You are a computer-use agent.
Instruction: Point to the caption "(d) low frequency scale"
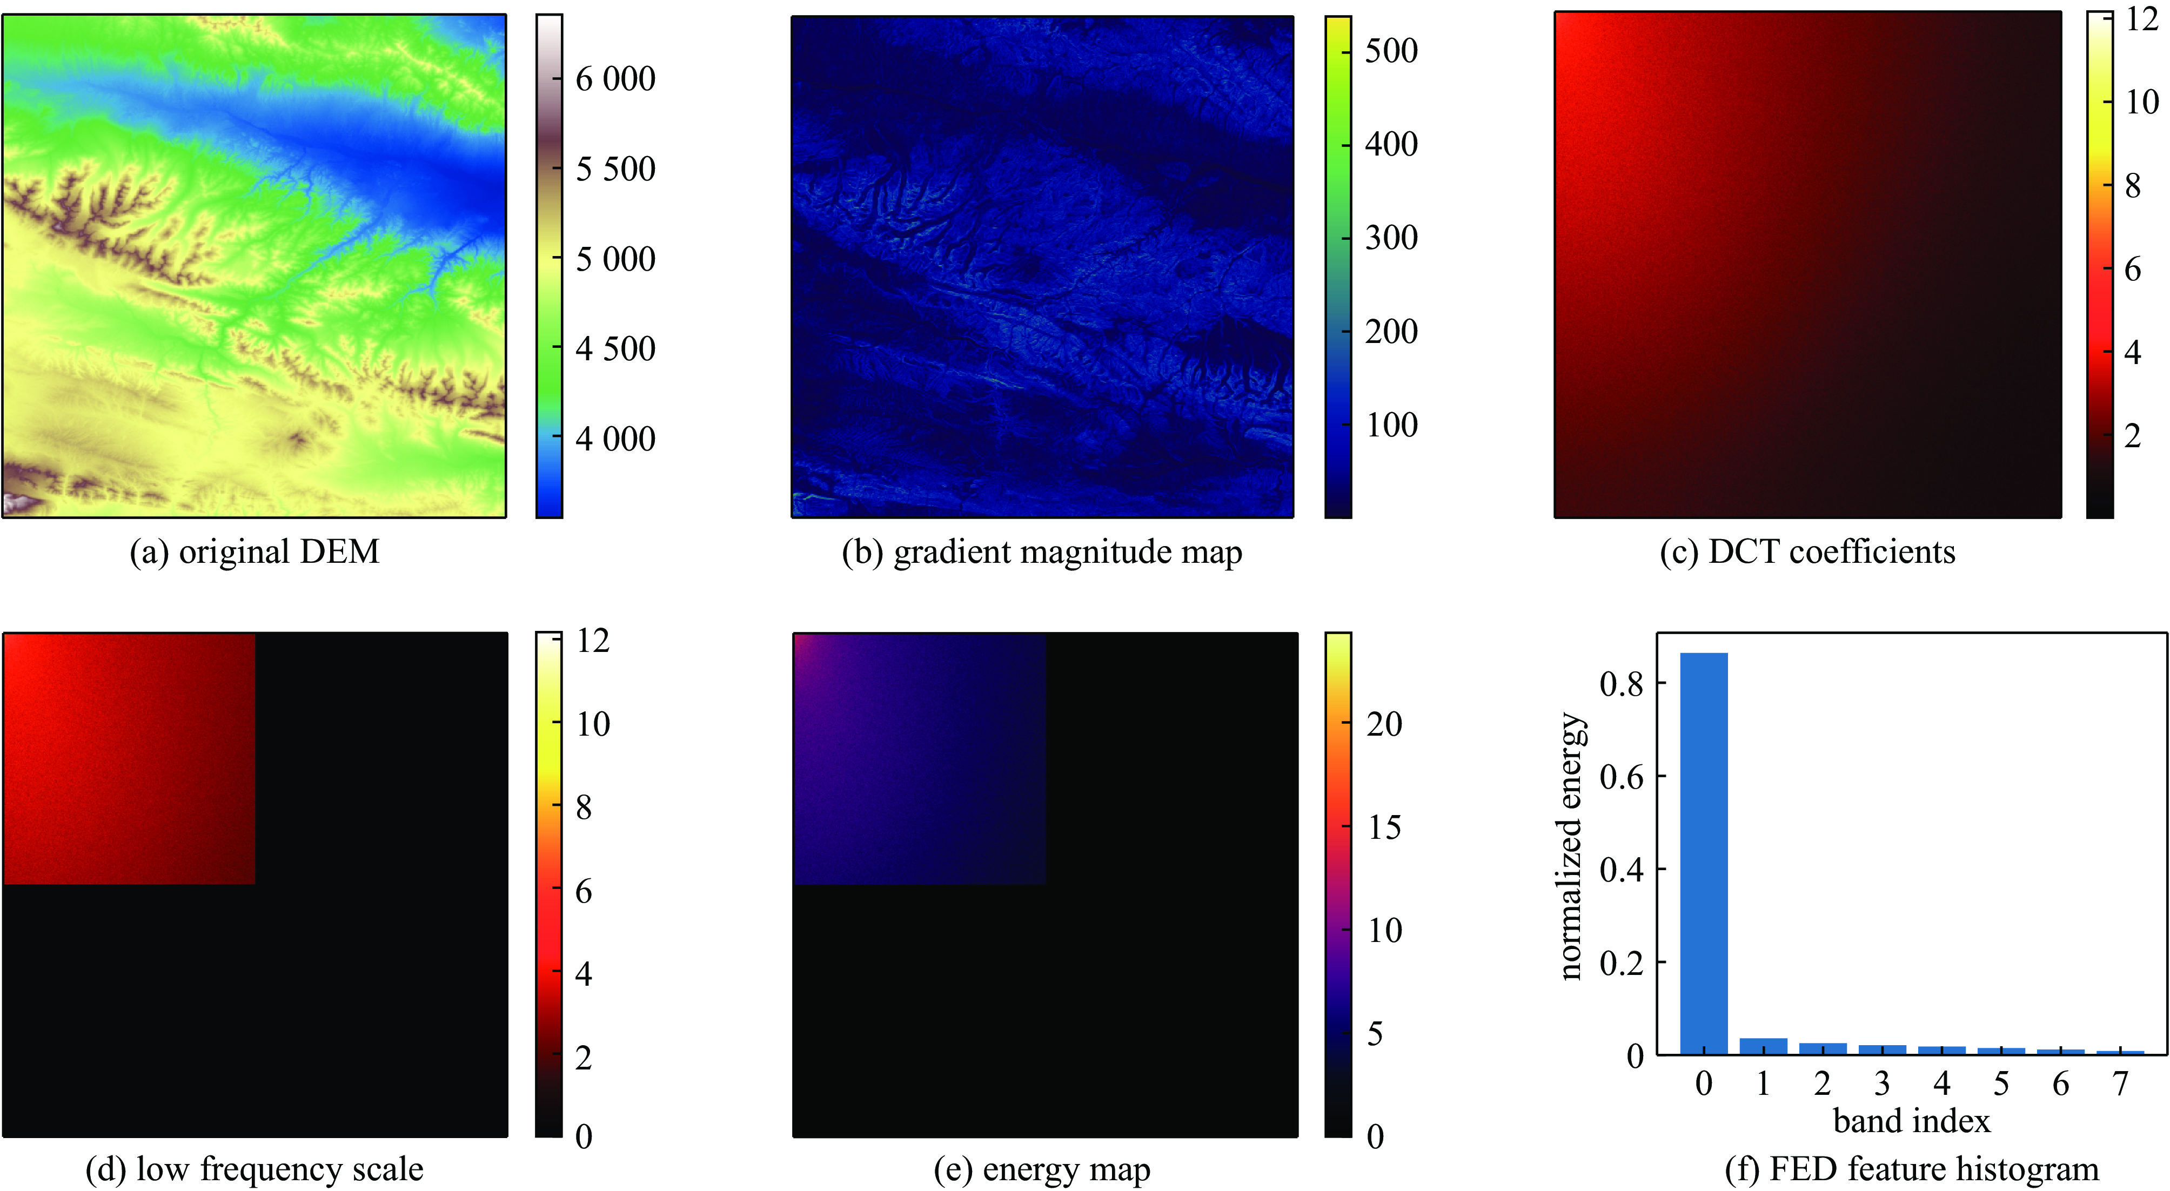(x=254, y=1169)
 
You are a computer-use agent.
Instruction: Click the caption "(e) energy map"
(x=1042, y=1169)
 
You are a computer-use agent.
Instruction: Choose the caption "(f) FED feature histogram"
(x=1911, y=1169)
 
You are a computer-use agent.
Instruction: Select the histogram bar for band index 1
(x=1763, y=1046)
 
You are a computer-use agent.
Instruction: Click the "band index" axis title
(x=1911, y=1122)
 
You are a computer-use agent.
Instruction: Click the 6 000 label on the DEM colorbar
(x=615, y=79)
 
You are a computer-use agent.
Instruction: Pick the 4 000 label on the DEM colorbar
(x=615, y=439)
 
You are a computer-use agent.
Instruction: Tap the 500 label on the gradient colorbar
(x=1391, y=51)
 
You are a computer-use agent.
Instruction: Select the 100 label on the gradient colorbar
(x=1391, y=425)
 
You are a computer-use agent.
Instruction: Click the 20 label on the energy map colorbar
(x=1384, y=724)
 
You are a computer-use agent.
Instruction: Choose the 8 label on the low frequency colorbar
(x=584, y=808)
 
